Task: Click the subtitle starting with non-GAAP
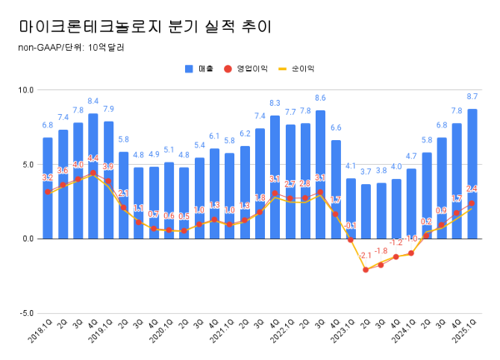pos(71,47)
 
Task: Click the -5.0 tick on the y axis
pos(25,313)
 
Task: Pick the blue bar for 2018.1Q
pos(47,188)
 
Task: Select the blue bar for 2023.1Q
pos(351,208)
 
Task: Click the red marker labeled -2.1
pos(366,269)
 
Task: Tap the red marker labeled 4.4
pos(93,173)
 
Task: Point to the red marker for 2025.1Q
pos(472,203)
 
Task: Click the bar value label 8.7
pos(472,97)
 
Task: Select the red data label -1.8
pos(381,251)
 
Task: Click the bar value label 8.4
pos(93,102)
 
